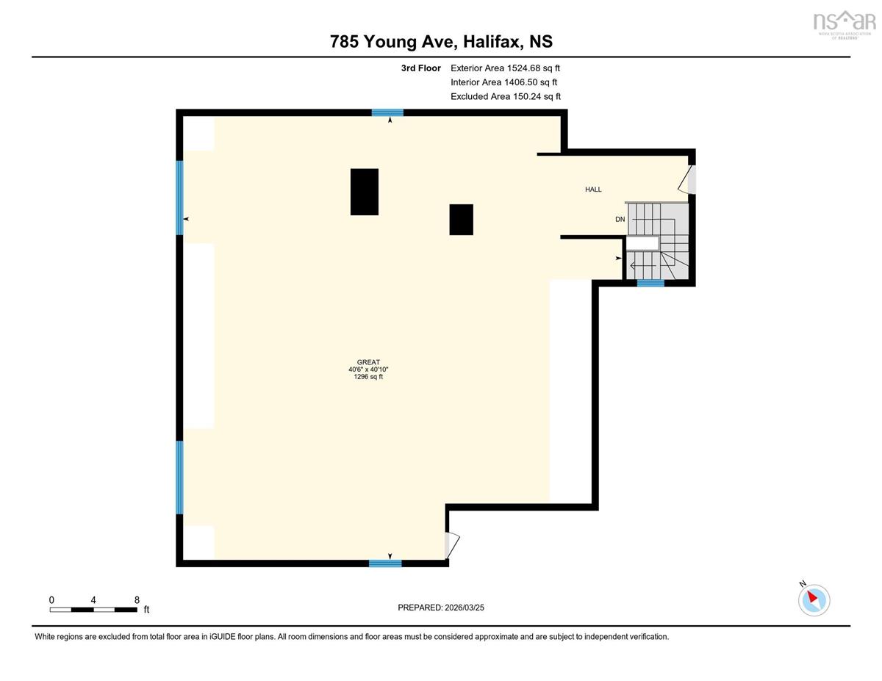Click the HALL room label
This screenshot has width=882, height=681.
tap(593, 190)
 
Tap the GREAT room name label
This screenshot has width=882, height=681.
tap(368, 362)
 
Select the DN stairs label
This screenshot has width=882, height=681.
tap(620, 220)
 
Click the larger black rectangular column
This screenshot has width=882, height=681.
tap(365, 192)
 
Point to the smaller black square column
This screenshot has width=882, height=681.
tap(461, 220)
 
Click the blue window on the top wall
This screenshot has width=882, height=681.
tap(387, 112)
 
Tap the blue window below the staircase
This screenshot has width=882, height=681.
tap(650, 283)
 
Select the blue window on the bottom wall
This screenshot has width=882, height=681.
tap(385, 563)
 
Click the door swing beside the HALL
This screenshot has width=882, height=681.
tap(686, 179)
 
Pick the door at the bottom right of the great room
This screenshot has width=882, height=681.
tap(452, 546)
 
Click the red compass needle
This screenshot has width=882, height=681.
tap(812, 597)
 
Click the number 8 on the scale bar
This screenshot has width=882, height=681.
tap(137, 600)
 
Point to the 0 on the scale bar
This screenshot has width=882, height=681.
tap(51, 600)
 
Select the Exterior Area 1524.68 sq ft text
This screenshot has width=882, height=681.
tap(505, 68)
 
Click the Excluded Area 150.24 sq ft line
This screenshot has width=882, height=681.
tap(506, 96)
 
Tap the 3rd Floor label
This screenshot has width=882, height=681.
tap(421, 68)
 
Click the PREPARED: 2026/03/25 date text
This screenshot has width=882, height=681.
tap(441, 608)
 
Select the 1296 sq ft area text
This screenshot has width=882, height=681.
tap(368, 377)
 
